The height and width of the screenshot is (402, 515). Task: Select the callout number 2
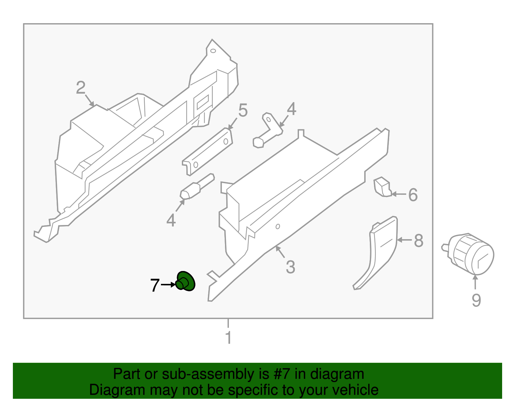[80, 88]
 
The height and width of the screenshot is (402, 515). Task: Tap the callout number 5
[243, 110]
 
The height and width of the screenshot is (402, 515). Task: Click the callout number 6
[413, 195]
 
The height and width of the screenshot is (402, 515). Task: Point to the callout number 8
[418, 241]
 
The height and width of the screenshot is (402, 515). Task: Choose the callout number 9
[476, 300]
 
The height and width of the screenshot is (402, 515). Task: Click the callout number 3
[291, 267]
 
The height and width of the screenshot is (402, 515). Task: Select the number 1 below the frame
[229, 338]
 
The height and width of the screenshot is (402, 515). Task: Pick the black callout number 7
[155, 285]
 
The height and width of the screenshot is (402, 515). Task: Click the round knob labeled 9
[468, 254]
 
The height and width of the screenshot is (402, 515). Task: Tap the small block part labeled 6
[382, 187]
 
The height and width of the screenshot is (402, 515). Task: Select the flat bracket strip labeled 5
[207, 152]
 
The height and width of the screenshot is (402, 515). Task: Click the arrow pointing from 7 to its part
[168, 285]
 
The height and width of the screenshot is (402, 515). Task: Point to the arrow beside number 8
[405, 240]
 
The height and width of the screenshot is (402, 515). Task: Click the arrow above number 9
[475, 282]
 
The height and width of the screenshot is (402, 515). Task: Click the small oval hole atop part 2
[213, 51]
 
